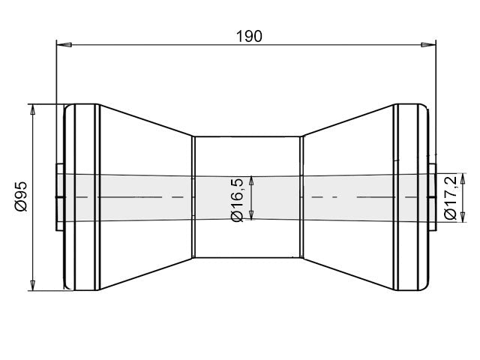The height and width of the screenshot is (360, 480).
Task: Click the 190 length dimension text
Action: pyautogui.click(x=249, y=37)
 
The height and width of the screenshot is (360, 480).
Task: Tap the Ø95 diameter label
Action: pyautogui.click(x=22, y=196)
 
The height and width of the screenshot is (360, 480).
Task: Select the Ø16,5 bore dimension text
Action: pyautogui.click(x=237, y=199)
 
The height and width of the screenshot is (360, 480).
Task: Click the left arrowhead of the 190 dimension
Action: pyautogui.click(x=64, y=45)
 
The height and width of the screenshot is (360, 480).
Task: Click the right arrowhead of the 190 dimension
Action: pyautogui.click(x=428, y=45)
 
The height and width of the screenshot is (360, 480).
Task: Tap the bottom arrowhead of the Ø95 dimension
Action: pyautogui.click(x=32, y=285)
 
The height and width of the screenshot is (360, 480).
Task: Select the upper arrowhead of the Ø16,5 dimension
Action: pyautogui.click(x=251, y=181)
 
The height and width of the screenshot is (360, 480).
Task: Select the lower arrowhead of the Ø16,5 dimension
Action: pyautogui.click(x=251, y=215)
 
